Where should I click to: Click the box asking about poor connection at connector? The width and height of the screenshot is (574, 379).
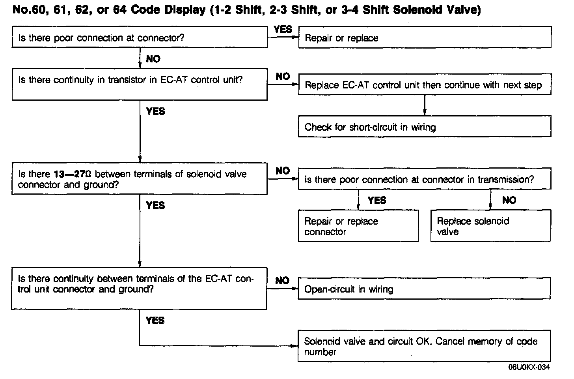[x=140, y=38]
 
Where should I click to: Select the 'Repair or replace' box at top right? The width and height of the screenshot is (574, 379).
[x=425, y=38]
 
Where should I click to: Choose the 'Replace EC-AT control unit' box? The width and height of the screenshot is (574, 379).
[x=425, y=85]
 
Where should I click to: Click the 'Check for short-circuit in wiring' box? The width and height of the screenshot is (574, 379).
[x=425, y=127]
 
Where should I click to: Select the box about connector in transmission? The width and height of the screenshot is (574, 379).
[x=425, y=180]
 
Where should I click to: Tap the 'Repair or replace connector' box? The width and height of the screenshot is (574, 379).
[x=358, y=226]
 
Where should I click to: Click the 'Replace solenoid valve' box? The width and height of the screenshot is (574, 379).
[x=490, y=226]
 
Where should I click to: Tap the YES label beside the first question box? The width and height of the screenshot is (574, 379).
[x=283, y=29]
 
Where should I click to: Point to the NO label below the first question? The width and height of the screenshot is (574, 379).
[x=153, y=59]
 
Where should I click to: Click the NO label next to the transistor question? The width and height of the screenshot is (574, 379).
[x=283, y=77]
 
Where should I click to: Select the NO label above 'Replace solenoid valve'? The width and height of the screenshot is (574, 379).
[x=509, y=201]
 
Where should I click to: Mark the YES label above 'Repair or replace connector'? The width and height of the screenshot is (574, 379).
[x=376, y=201]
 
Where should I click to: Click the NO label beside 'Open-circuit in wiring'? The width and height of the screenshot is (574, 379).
[x=282, y=281]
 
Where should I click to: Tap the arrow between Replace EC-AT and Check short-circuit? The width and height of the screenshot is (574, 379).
[x=425, y=105]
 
